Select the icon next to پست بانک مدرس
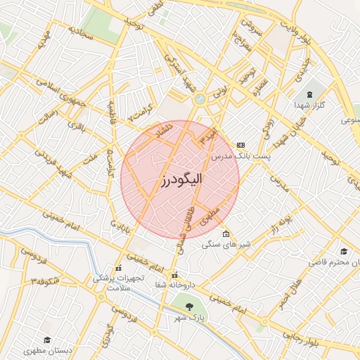[x=241, y=144]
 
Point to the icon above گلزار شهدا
[x=309, y=94]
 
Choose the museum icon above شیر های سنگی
[x=225, y=234]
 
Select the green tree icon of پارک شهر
[x=188, y=305]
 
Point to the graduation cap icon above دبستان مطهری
[x=46, y=339]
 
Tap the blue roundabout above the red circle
[x=200, y=99]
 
